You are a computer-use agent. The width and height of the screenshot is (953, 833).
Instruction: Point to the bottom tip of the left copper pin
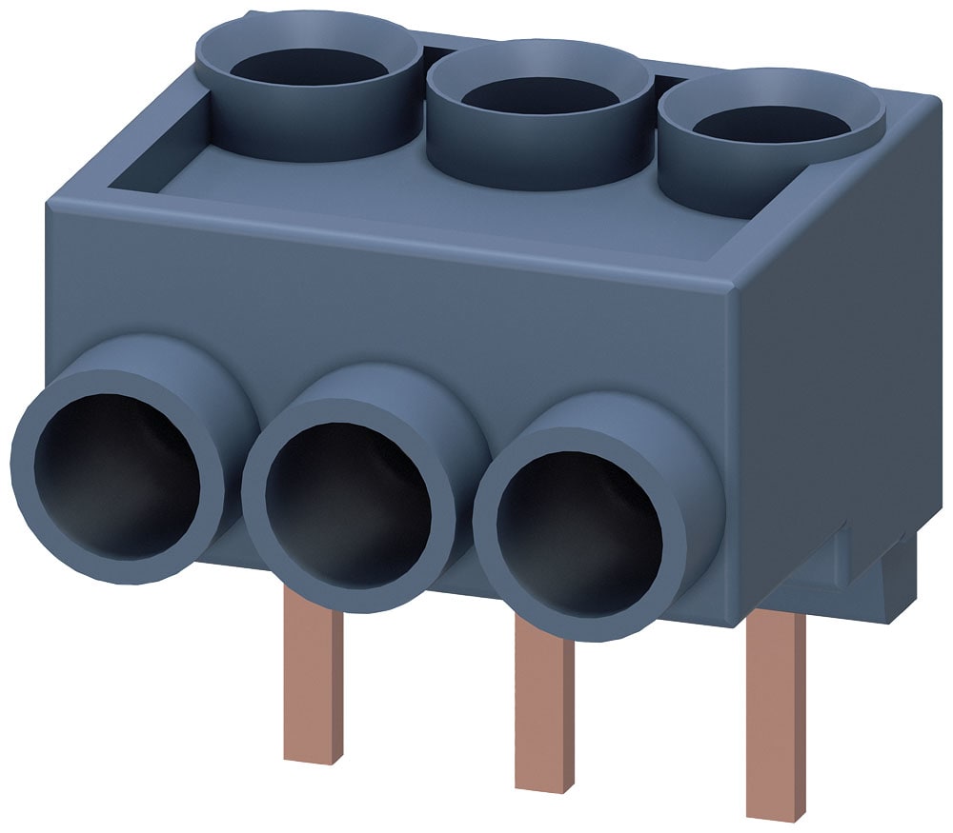pos(314,758)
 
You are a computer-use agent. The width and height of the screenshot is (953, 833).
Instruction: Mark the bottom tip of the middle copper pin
pos(544,783)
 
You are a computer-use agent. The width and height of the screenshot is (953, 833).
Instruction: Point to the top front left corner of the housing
pos(48,202)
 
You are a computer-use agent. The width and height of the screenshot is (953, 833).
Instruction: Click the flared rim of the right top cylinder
pos(858,133)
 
